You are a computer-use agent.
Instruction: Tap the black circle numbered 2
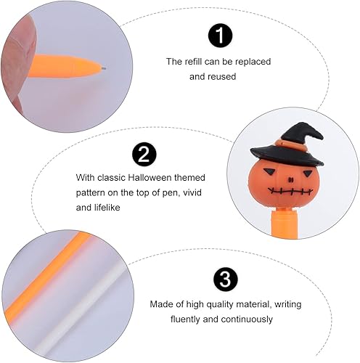[144, 154]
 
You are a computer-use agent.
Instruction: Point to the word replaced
[252, 62]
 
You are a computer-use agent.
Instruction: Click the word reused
[222, 76]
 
